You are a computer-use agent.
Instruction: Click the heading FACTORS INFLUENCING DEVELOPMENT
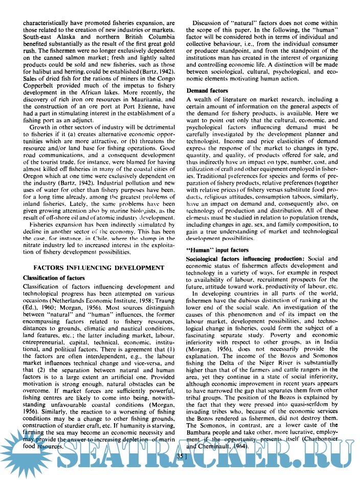coord(99,267)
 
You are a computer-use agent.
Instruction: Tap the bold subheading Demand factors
coord(207,90)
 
